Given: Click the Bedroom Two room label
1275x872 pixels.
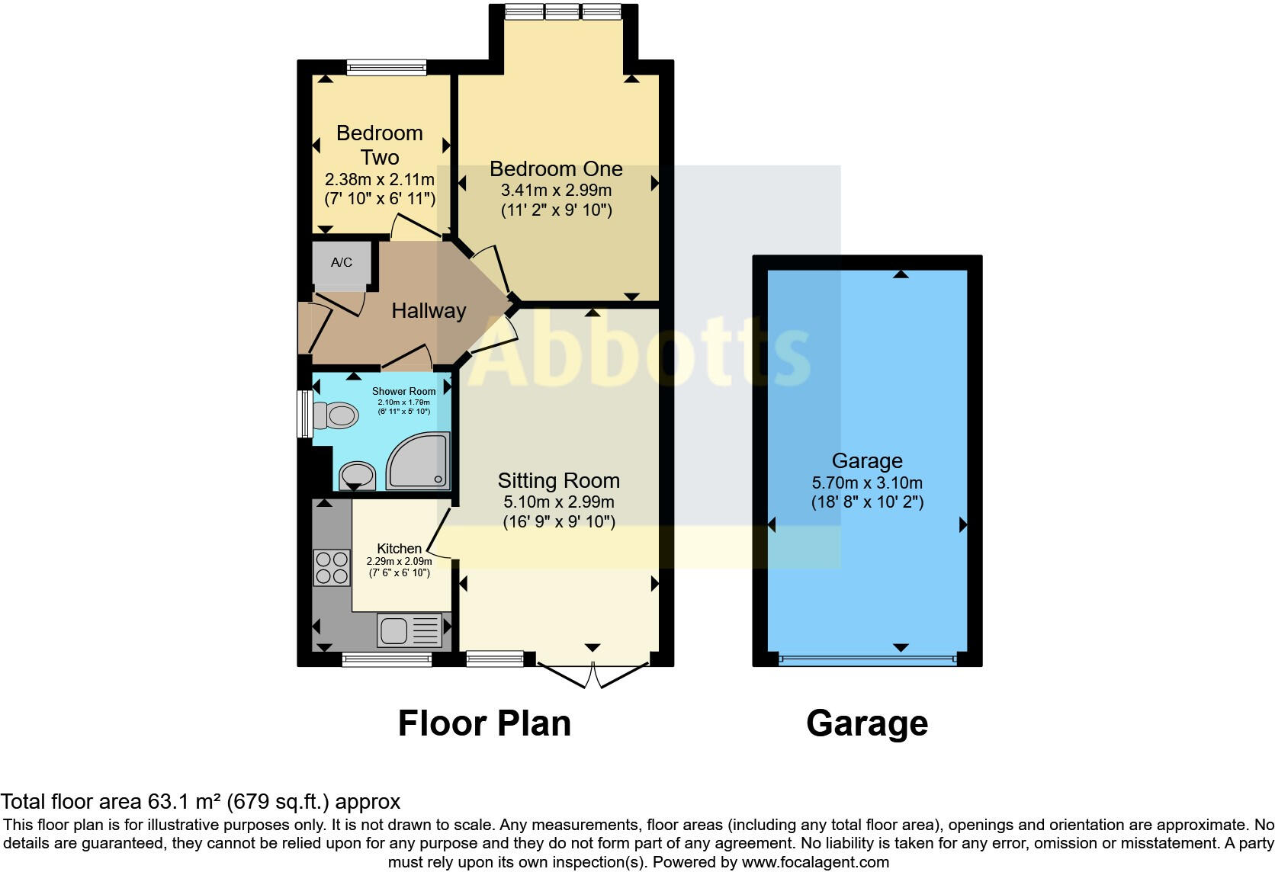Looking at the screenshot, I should [379, 145].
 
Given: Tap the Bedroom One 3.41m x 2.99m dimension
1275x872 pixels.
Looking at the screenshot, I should [556, 191].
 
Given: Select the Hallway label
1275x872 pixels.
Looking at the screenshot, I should [429, 311].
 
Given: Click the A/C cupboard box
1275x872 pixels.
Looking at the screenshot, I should [342, 263].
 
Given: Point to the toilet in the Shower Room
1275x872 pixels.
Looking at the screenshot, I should [336, 416].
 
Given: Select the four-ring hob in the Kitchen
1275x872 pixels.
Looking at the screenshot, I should [332, 568].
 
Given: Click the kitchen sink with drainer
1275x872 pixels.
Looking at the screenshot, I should [409, 630].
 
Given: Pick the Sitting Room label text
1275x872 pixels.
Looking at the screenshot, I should [558, 481].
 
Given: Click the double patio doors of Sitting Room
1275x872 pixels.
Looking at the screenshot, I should [593, 674].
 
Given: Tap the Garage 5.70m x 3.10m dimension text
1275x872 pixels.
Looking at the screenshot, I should [867, 483].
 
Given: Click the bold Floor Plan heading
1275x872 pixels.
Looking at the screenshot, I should [484, 723].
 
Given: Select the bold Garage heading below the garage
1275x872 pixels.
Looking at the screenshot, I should [867, 723].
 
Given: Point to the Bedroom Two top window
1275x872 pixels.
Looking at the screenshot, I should [386, 68].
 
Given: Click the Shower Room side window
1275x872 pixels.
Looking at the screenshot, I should [304, 414].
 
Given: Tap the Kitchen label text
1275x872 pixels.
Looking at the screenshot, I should [399, 549].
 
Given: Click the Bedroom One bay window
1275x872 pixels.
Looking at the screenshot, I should [564, 11].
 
